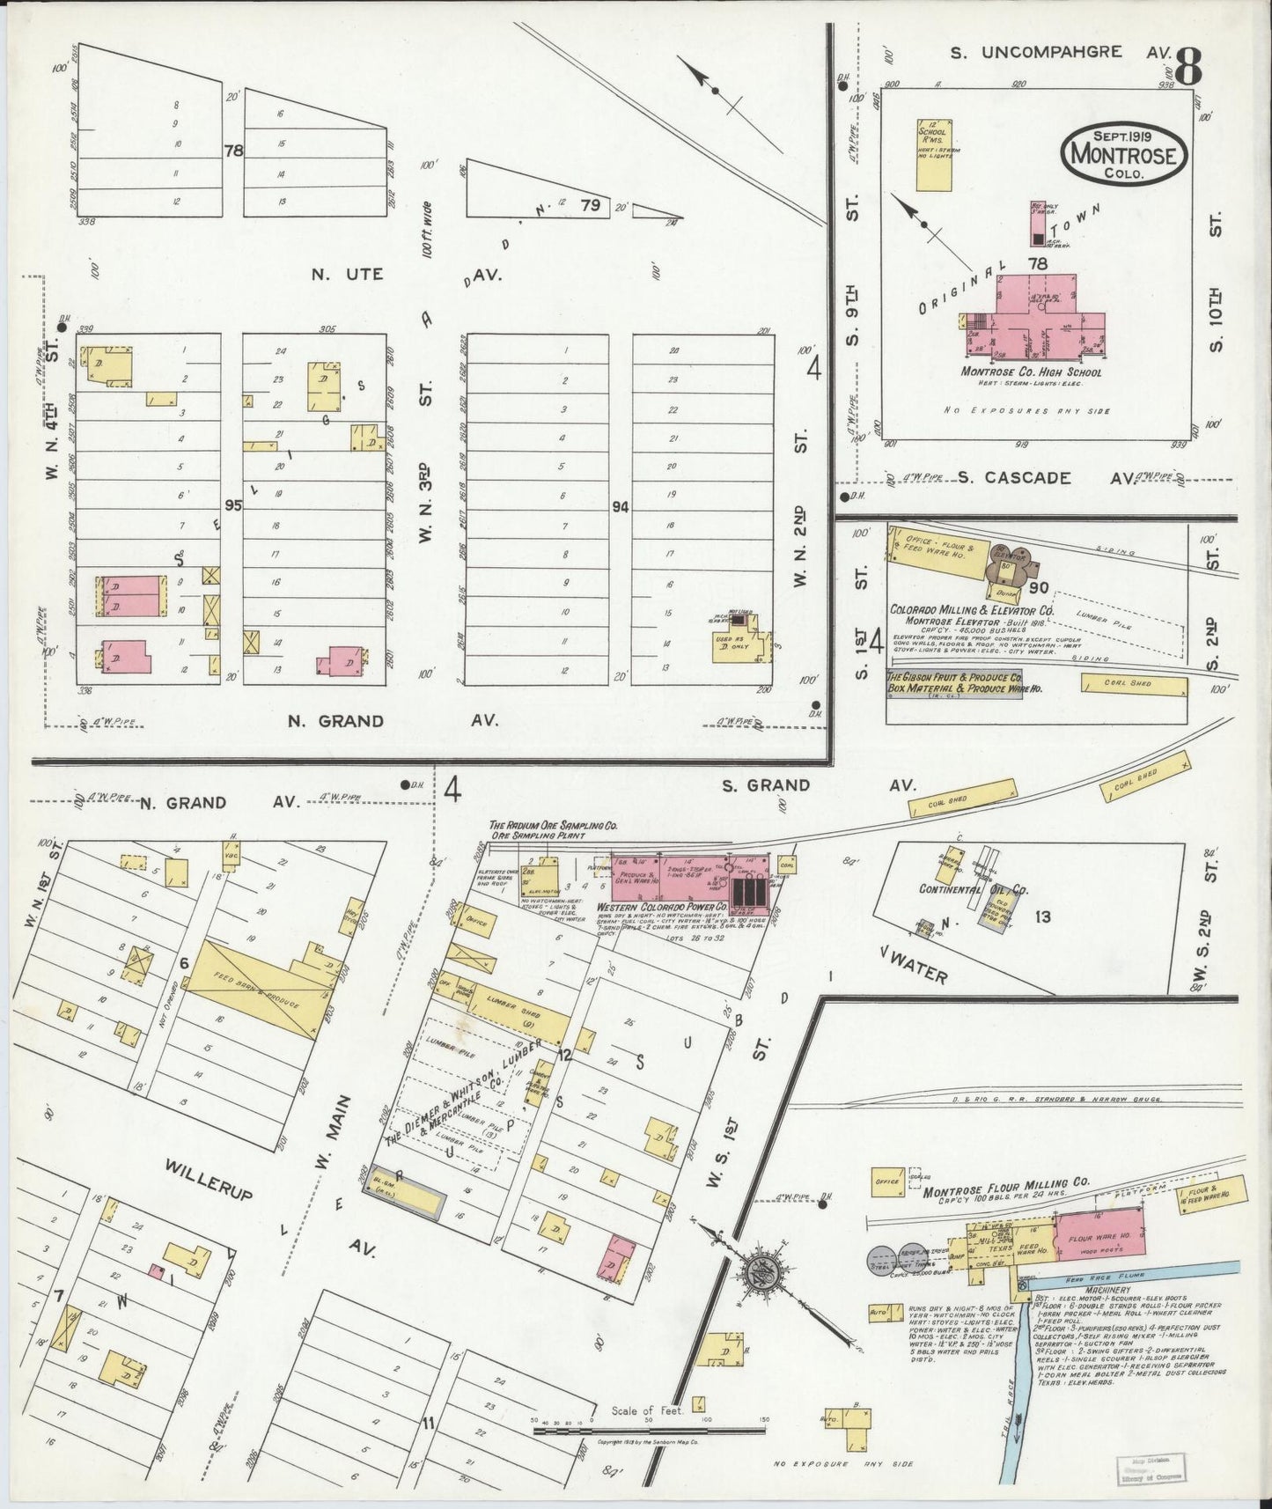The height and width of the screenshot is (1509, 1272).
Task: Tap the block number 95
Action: (x=232, y=505)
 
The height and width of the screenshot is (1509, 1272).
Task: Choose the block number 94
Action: (x=620, y=507)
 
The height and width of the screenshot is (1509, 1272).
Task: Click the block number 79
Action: (x=590, y=205)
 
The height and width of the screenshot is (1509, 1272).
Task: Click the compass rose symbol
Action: (x=759, y=1270)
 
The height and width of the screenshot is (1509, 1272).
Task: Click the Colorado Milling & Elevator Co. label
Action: (x=971, y=609)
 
